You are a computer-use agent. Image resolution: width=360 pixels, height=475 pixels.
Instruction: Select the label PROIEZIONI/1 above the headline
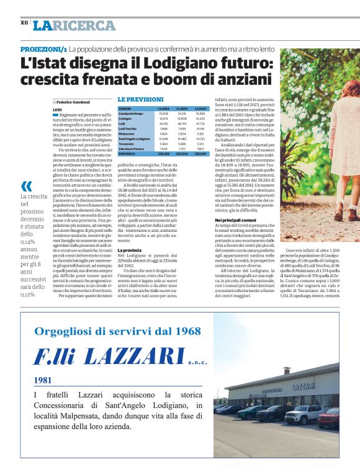[x=43, y=48]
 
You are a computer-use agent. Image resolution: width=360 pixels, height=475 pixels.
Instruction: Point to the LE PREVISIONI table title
[x=141, y=99]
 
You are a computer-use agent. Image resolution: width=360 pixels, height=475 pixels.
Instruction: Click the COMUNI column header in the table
[x=125, y=108]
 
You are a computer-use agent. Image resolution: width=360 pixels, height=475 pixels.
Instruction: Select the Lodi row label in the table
[x=121, y=123]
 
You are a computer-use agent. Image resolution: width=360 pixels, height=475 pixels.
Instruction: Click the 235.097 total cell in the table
[x=200, y=153]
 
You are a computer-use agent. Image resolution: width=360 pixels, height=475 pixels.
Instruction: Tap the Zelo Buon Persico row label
[x=132, y=149]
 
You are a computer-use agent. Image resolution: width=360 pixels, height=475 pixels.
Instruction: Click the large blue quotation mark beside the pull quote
[x=26, y=185]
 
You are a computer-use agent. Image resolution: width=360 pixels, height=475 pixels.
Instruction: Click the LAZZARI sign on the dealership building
[x=303, y=386]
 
